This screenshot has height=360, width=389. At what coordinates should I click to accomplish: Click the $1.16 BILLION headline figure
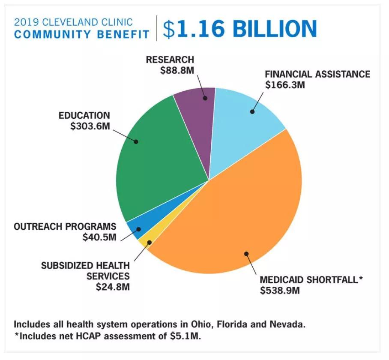(239, 29)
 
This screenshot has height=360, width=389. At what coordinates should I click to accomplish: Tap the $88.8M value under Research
(177, 70)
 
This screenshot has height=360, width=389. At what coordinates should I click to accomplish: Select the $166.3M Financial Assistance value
(285, 85)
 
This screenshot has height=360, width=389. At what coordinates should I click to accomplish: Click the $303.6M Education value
(90, 126)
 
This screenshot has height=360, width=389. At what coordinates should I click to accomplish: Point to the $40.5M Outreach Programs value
(99, 237)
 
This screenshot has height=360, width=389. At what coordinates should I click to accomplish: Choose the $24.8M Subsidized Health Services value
(113, 287)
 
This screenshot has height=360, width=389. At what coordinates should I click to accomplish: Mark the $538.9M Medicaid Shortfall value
(280, 290)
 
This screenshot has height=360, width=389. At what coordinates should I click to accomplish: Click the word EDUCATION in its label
(84, 115)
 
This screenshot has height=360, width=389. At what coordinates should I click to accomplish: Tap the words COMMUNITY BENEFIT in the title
(82, 34)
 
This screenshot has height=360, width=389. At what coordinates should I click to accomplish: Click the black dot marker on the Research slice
(205, 98)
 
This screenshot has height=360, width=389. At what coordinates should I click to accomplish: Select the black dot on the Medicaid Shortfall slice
(246, 254)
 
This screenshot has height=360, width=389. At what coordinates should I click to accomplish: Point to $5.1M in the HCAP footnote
(184, 336)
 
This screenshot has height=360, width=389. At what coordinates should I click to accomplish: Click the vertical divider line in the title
(156, 28)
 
